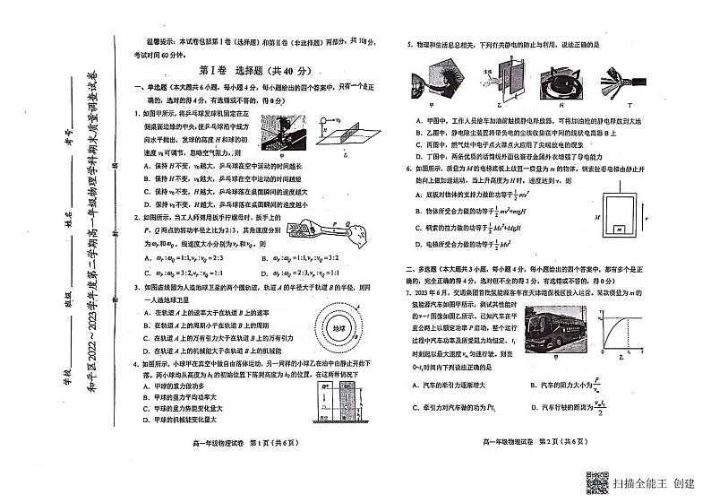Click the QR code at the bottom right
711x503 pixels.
click(595, 480)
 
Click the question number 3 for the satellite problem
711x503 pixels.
click(137, 287)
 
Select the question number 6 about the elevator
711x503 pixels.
click(407, 168)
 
